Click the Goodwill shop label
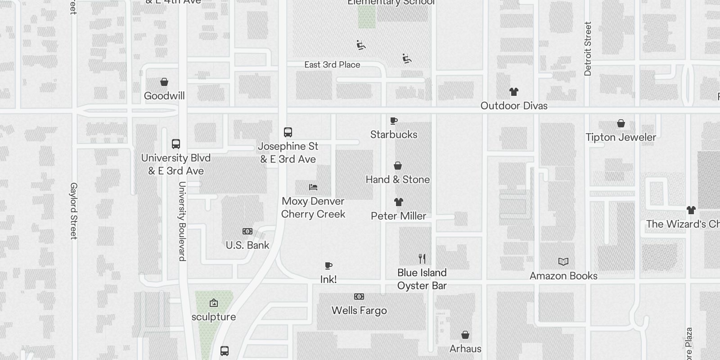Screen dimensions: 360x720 tap(164, 96)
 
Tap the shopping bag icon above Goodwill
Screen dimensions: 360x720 tap(164, 82)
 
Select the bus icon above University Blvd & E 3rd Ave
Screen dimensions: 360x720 tap(176, 144)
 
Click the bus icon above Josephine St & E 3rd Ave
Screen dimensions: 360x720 tap(288, 132)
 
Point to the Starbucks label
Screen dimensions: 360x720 tap(394, 135)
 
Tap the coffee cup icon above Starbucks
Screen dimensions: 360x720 tap(394, 121)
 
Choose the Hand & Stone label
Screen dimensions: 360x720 tap(398, 180)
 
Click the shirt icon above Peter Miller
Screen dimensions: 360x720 tap(399, 202)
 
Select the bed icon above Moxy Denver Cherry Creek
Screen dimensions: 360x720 tap(313, 187)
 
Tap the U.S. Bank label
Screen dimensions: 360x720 tap(247, 245)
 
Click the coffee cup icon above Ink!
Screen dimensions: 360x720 tap(328, 265)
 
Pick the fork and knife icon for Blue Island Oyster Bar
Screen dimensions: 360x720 tap(422, 259)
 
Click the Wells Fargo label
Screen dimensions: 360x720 tap(359, 310)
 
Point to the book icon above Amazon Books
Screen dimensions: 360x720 tap(563, 262)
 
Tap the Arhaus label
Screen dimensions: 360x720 tap(465, 349)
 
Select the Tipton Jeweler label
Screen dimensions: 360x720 tap(621, 137)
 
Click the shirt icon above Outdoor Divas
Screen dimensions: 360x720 tap(514, 92)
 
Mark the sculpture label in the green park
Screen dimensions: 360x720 tap(214, 317)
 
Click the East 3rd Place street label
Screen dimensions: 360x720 tap(332, 65)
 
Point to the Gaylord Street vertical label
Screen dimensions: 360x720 tap(74, 211)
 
